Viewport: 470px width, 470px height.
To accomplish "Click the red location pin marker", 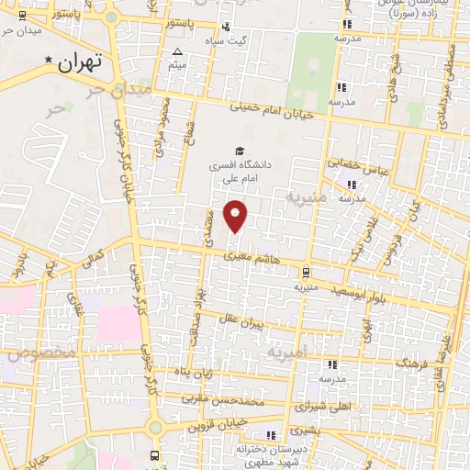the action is (x=237, y=216).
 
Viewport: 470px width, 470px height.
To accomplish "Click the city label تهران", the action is (x=77, y=64).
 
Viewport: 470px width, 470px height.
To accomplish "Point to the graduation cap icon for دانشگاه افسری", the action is (x=240, y=150).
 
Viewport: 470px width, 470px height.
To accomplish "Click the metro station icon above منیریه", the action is (x=306, y=272).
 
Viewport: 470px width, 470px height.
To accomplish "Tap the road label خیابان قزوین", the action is (x=220, y=425).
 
